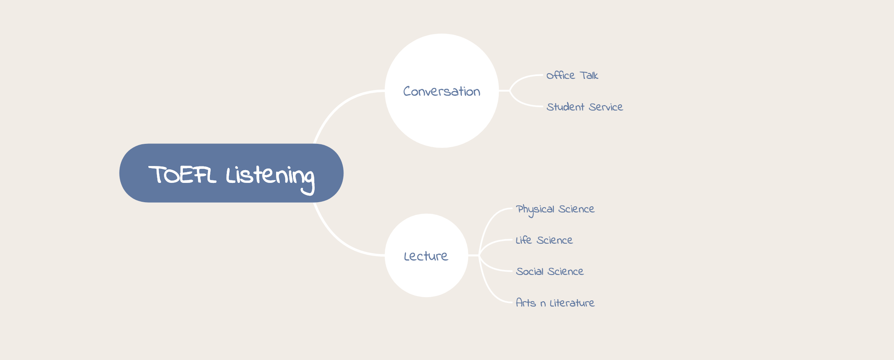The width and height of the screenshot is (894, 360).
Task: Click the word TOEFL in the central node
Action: (x=182, y=175)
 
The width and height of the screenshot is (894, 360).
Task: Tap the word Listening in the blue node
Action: (x=270, y=179)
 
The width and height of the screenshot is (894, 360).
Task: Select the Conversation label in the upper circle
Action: (x=442, y=91)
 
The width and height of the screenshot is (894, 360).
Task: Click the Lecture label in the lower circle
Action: (x=426, y=256)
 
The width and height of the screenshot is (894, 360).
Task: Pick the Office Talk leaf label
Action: (x=572, y=75)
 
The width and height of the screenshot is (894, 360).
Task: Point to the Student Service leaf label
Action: (x=585, y=107)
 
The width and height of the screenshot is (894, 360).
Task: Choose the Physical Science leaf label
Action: (x=555, y=210)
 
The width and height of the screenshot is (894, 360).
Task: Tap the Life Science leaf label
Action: (x=544, y=240)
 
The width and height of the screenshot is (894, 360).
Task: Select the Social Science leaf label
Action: (x=550, y=271)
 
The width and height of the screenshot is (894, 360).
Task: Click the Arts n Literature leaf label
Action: (x=555, y=303)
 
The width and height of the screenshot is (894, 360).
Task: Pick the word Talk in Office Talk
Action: (x=589, y=75)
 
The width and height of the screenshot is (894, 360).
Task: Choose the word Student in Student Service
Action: (x=565, y=107)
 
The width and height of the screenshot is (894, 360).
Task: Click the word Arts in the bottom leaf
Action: (x=526, y=303)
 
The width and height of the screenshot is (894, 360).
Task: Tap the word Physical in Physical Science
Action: (x=535, y=210)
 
